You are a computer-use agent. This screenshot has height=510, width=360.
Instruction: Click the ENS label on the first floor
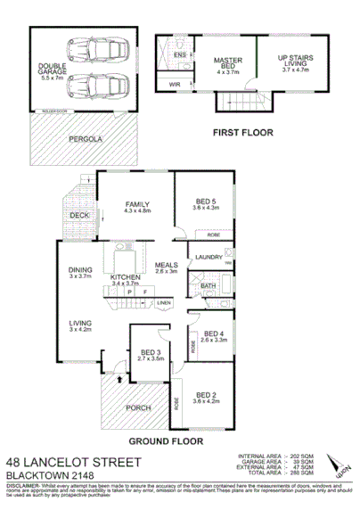[179, 55]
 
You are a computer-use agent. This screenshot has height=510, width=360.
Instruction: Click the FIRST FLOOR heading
[241, 132]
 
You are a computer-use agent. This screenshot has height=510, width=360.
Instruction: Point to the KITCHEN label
[126, 278]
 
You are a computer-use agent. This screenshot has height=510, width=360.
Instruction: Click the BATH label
[208, 286]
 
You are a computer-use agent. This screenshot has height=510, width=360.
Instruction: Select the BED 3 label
[151, 354]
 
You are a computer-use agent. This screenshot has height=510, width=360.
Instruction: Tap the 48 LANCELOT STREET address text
[72, 462]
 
